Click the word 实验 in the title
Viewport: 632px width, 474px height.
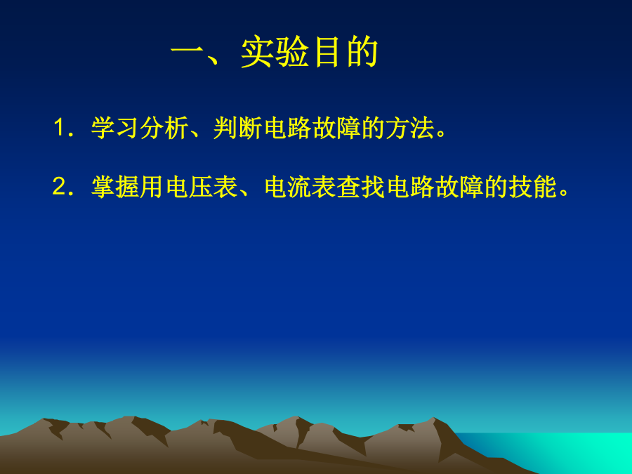tap(275, 52)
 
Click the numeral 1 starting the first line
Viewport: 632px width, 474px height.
tap(59, 128)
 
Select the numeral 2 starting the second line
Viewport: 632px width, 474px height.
tap(59, 187)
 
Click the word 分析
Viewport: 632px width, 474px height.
tap(163, 128)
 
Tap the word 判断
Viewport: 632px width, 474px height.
tap(237, 128)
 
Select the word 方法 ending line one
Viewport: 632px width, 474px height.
tap(410, 128)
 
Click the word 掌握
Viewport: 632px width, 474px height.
tap(115, 187)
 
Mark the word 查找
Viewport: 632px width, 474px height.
tap(361, 187)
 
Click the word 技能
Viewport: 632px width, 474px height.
tap(532, 187)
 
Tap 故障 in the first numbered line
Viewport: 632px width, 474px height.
tap(336, 128)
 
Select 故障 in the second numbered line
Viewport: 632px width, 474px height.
tap(459, 187)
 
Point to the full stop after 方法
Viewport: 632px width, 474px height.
tap(441, 133)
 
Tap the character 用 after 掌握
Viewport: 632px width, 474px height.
tap(152, 187)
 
